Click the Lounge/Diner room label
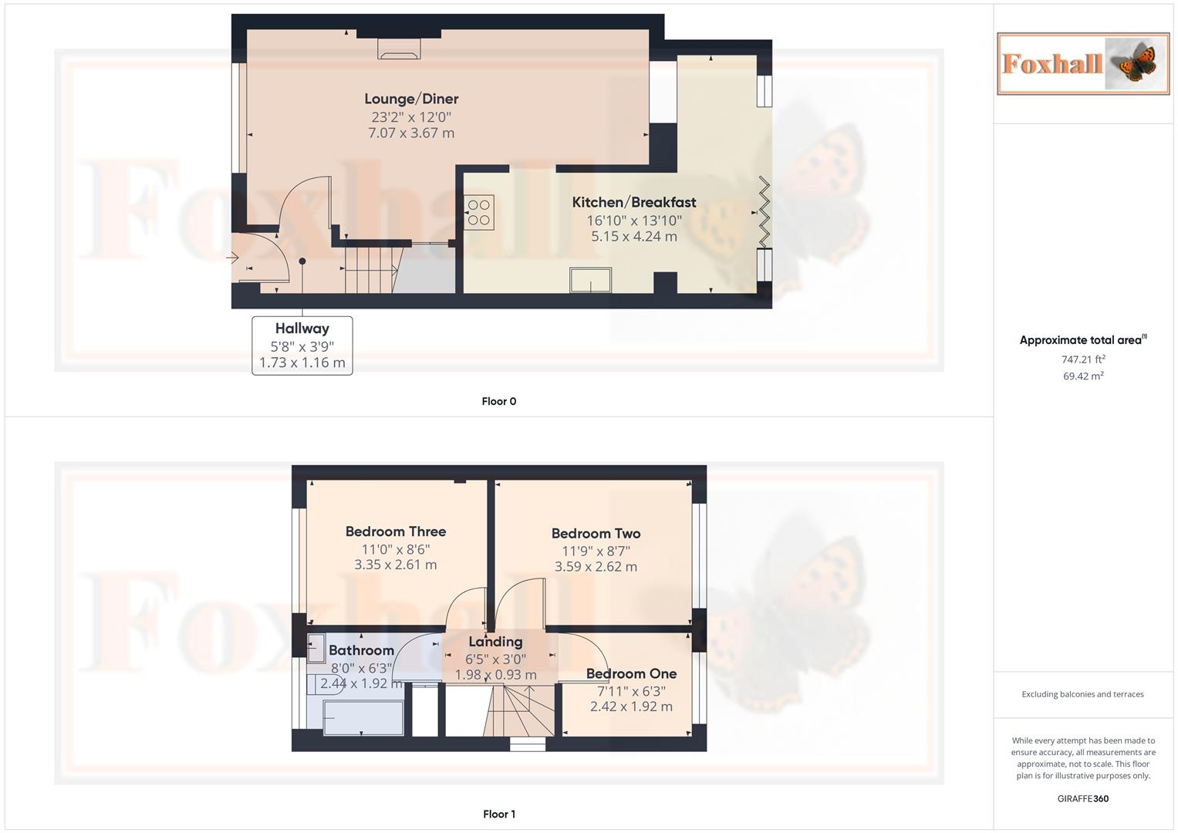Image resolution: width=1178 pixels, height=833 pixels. [x=411, y=99]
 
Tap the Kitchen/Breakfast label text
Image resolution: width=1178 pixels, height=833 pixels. [x=633, y=202]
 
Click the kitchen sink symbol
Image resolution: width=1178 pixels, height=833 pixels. [x=590, y=280]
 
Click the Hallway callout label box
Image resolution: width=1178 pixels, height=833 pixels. [x=302, y=346]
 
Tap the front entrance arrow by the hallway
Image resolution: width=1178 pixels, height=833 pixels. [x=233, y=258]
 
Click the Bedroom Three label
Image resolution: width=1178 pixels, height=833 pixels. [x=395, y=531]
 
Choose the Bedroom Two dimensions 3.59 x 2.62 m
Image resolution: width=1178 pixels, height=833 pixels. [x=596, y=567]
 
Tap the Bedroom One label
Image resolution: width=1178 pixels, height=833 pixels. [x=631, y=674]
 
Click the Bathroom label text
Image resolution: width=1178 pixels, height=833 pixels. [x=361, y=650]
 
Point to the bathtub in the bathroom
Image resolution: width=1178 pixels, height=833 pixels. [x=363, y=717]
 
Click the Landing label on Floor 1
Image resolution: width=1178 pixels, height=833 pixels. [x=495, y=642]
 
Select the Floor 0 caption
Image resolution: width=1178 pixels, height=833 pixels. [x=498, y=401]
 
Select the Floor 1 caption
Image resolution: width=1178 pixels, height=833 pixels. [x=498, y=814]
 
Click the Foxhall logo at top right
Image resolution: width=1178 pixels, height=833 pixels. [x=1083, y=64]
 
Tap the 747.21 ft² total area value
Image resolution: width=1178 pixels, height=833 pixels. [x=1083, y=359]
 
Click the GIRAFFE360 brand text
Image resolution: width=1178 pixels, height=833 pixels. [x=1082, y=799]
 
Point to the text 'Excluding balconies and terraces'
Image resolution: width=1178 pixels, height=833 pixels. [x=1082, y=694]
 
